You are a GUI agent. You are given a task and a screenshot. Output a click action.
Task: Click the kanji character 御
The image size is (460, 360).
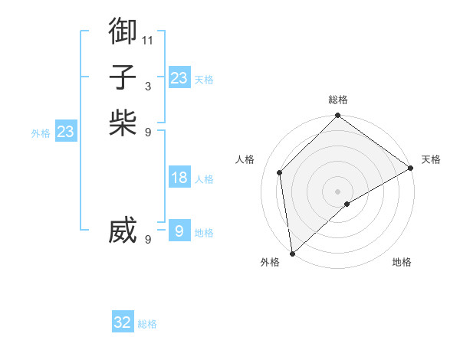pos(123,31)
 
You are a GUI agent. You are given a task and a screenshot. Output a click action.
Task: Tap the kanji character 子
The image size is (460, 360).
pos(123,77)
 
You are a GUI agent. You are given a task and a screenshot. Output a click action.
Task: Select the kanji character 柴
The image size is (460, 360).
pos(123,123)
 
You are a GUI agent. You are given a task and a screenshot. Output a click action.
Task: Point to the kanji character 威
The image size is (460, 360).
pos(123,231)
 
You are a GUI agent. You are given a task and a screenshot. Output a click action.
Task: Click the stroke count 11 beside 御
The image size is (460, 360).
pos(148,40)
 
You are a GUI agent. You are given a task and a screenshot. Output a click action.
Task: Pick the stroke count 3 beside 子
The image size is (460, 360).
pos(148,86)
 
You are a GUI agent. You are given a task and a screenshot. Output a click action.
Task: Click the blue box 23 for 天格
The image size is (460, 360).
pos(179,77)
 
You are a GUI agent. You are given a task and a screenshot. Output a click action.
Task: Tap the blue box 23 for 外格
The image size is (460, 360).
pos(65,132)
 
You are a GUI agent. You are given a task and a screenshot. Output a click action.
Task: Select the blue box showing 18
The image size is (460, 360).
pos(179,178)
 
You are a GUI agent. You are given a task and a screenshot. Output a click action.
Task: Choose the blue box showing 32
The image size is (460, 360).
pos(123,322)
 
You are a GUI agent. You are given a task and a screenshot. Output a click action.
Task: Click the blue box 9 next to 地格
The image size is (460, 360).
pos(179,231)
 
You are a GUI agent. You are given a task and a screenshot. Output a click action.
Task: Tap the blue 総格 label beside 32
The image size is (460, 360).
pos(147,324)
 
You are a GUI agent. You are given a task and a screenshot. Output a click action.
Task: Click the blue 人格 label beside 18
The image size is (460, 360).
pos(204,179)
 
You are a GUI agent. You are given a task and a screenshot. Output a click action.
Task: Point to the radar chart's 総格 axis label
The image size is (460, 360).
pos(337,100)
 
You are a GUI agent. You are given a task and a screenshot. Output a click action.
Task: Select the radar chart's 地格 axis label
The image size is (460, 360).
pos(402,262)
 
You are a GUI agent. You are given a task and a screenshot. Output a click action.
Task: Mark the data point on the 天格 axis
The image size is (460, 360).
pos(410,168)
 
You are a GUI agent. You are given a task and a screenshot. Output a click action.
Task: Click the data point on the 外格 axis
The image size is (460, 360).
pos(292,253)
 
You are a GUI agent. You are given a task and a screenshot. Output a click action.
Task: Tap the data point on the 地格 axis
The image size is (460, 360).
pos(347,204)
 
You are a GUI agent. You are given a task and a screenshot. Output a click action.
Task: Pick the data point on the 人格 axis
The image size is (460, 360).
pos(280,172)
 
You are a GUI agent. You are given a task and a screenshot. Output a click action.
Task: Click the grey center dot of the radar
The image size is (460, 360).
pos(337,191)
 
